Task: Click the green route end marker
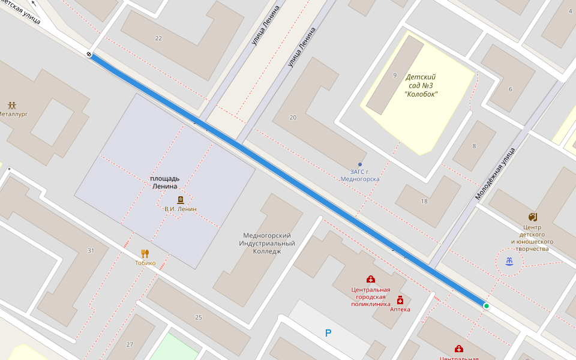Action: (487, 306)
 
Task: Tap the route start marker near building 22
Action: (89, 55)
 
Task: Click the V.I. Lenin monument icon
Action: (180, 200)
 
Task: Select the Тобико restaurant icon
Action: (145, 253)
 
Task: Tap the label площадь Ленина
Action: (165, 183)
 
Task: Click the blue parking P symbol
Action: (328, 333)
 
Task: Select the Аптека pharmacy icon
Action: (400, 300)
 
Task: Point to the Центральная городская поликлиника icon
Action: (371, 279)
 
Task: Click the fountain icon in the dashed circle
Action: (509, 262)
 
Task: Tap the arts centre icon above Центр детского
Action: (532, 217)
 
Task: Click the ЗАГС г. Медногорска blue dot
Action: (360, 164)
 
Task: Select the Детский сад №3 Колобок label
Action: (421, 85)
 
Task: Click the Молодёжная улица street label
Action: (496, 173)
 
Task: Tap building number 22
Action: (158, 38)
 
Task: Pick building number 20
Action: (293, 118)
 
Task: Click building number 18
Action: (424, 201)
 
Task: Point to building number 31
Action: (91, 250)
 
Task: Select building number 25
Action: (199, 317)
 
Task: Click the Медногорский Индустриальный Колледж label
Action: (267, 243)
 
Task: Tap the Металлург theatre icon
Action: (12, 105)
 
